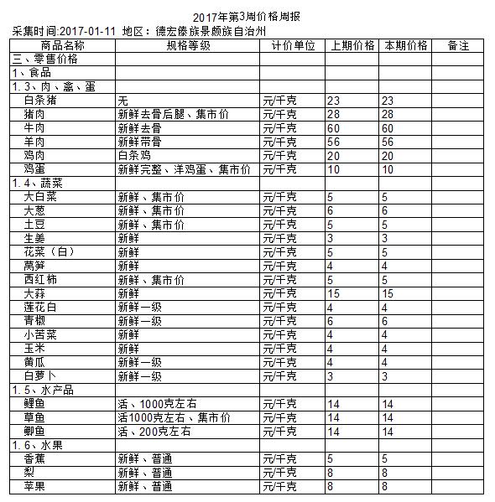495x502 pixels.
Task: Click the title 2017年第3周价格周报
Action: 247,17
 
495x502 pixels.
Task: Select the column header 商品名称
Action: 61,45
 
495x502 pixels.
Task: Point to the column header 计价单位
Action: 293,45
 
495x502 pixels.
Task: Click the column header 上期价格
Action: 352,45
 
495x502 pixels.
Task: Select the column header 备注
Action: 458,45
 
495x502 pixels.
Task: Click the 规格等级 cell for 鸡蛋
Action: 185,169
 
